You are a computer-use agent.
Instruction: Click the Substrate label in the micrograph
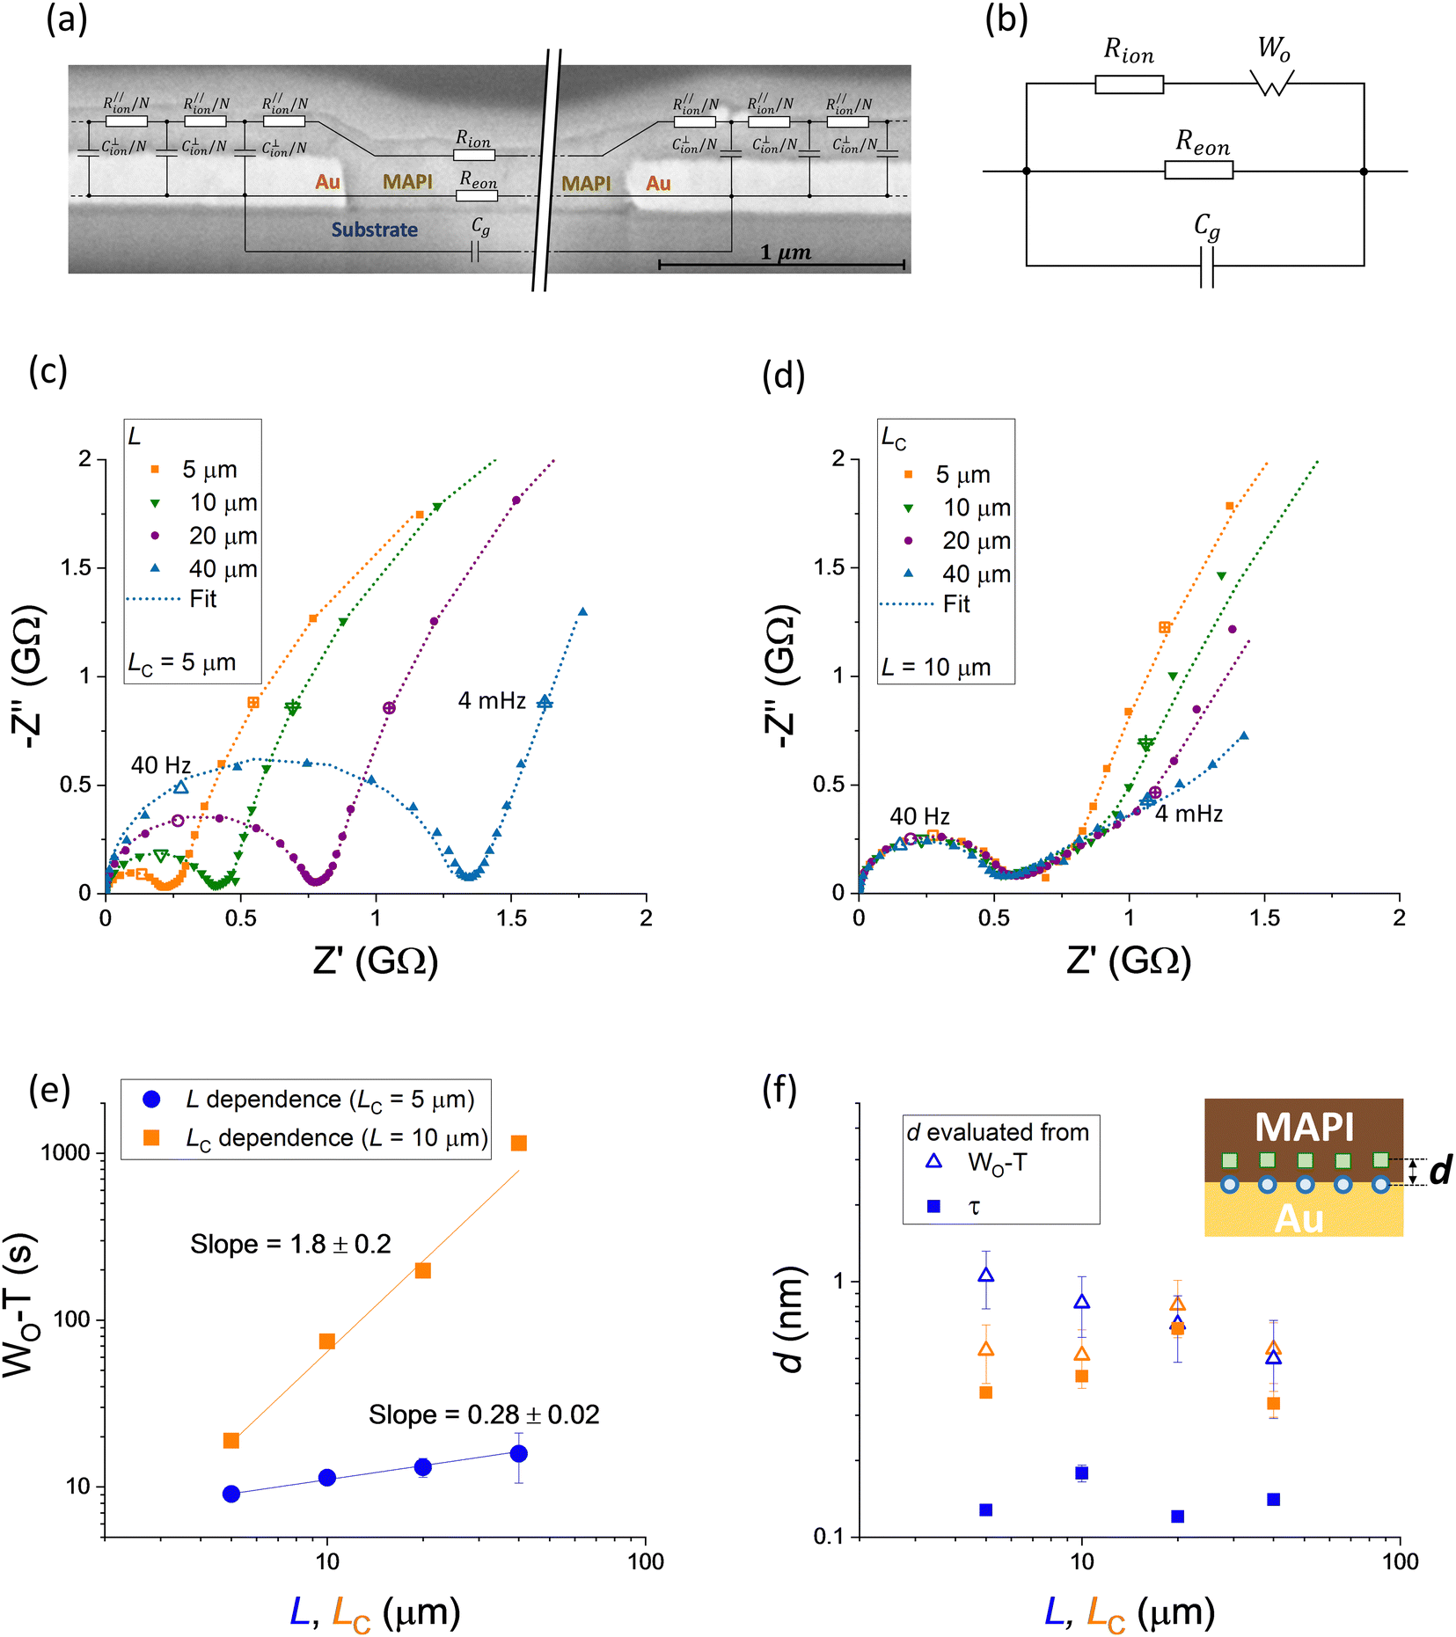(x=374, y=230)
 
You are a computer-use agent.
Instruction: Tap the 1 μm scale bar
(x=781, y=264)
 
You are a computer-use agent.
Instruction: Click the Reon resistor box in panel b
(x=1198, y=170)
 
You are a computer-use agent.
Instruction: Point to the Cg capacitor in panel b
(x=1207, y=267)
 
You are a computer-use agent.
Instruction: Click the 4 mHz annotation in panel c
(x=492, y=700)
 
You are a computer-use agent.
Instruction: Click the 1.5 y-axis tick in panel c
(x=76, y=567)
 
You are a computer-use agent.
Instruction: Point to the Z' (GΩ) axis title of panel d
(x=1129, y=961)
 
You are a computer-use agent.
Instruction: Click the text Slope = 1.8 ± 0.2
(x=290, y=1244)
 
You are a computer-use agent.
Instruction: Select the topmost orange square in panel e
(x=518, y=1143)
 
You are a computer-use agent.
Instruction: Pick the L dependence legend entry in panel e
(x=308, y=1100)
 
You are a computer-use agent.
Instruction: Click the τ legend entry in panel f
(x=954, y=1206)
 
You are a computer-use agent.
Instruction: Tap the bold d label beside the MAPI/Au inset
(x=1439, y=1170)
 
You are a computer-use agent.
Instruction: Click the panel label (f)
(x=779, y=1092)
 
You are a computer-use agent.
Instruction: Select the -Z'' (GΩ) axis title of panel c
(x=28, y=676)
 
